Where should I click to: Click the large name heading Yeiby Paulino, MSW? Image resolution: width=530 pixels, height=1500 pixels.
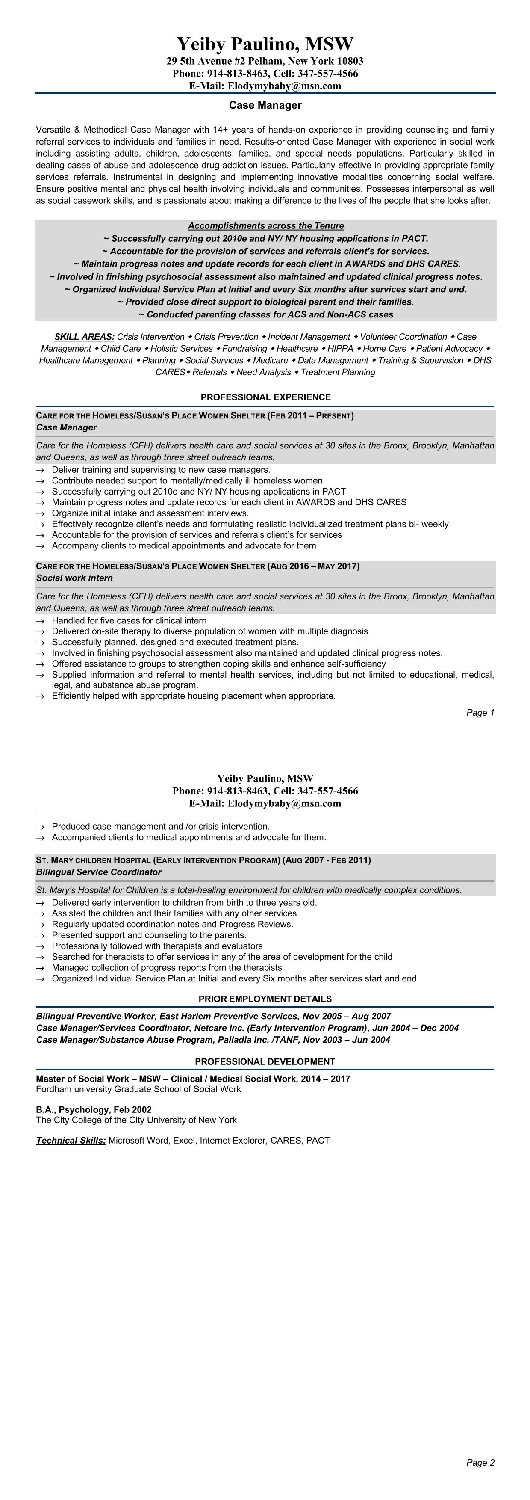click(265, 44)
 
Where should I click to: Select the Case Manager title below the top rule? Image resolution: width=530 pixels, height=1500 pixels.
click(265, 105)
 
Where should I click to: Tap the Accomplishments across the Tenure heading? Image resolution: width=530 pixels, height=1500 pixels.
click(266, 226)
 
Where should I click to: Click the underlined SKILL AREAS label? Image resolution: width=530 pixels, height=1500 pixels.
click(84, 337)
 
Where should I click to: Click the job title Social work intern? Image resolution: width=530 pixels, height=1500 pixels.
click(74, 578)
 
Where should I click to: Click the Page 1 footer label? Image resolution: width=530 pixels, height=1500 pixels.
click(480, 713)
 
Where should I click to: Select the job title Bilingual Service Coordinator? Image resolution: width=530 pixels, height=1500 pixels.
click(98, 872)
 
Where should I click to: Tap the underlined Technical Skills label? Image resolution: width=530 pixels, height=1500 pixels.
click(71, 1141)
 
